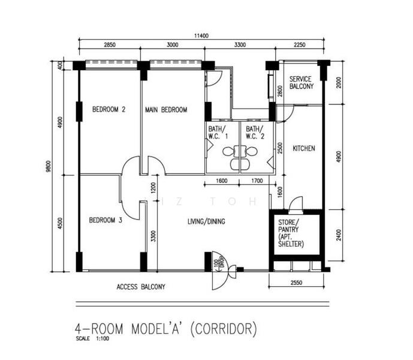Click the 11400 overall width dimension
[x=201, y=35]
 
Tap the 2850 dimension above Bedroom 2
[x=109, y=44]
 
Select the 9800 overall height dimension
[x=48, y=167]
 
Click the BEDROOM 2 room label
[x=108, y=109]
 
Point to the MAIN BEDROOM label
[x=166, y=109]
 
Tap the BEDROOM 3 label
[x=105, y=220]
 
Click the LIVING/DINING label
[x=206, y=221]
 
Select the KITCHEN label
[x=304, y=148]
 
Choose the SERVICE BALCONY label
[x=302, y=83]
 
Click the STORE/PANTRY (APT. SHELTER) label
[x=291, y=233]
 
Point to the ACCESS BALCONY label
[x=141, y=287]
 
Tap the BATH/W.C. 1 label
[x=218, y=133]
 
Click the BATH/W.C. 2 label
[x=255, y=133]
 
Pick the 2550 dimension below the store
[x=296, y=283]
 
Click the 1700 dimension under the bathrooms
[x=257, y=181]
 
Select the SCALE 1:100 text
[x=92, y=338]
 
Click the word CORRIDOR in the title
[x=223, y=329]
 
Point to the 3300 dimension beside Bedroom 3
[x=153, y=236]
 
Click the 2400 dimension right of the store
[x=339, y=235]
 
